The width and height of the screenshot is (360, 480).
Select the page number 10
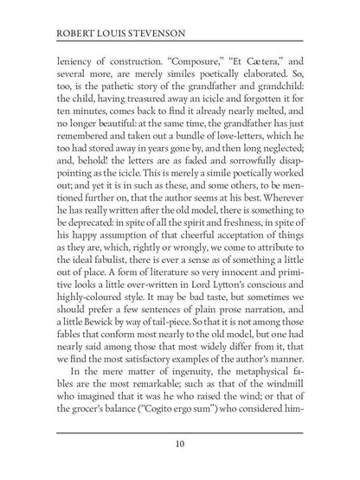coord(180,445)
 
